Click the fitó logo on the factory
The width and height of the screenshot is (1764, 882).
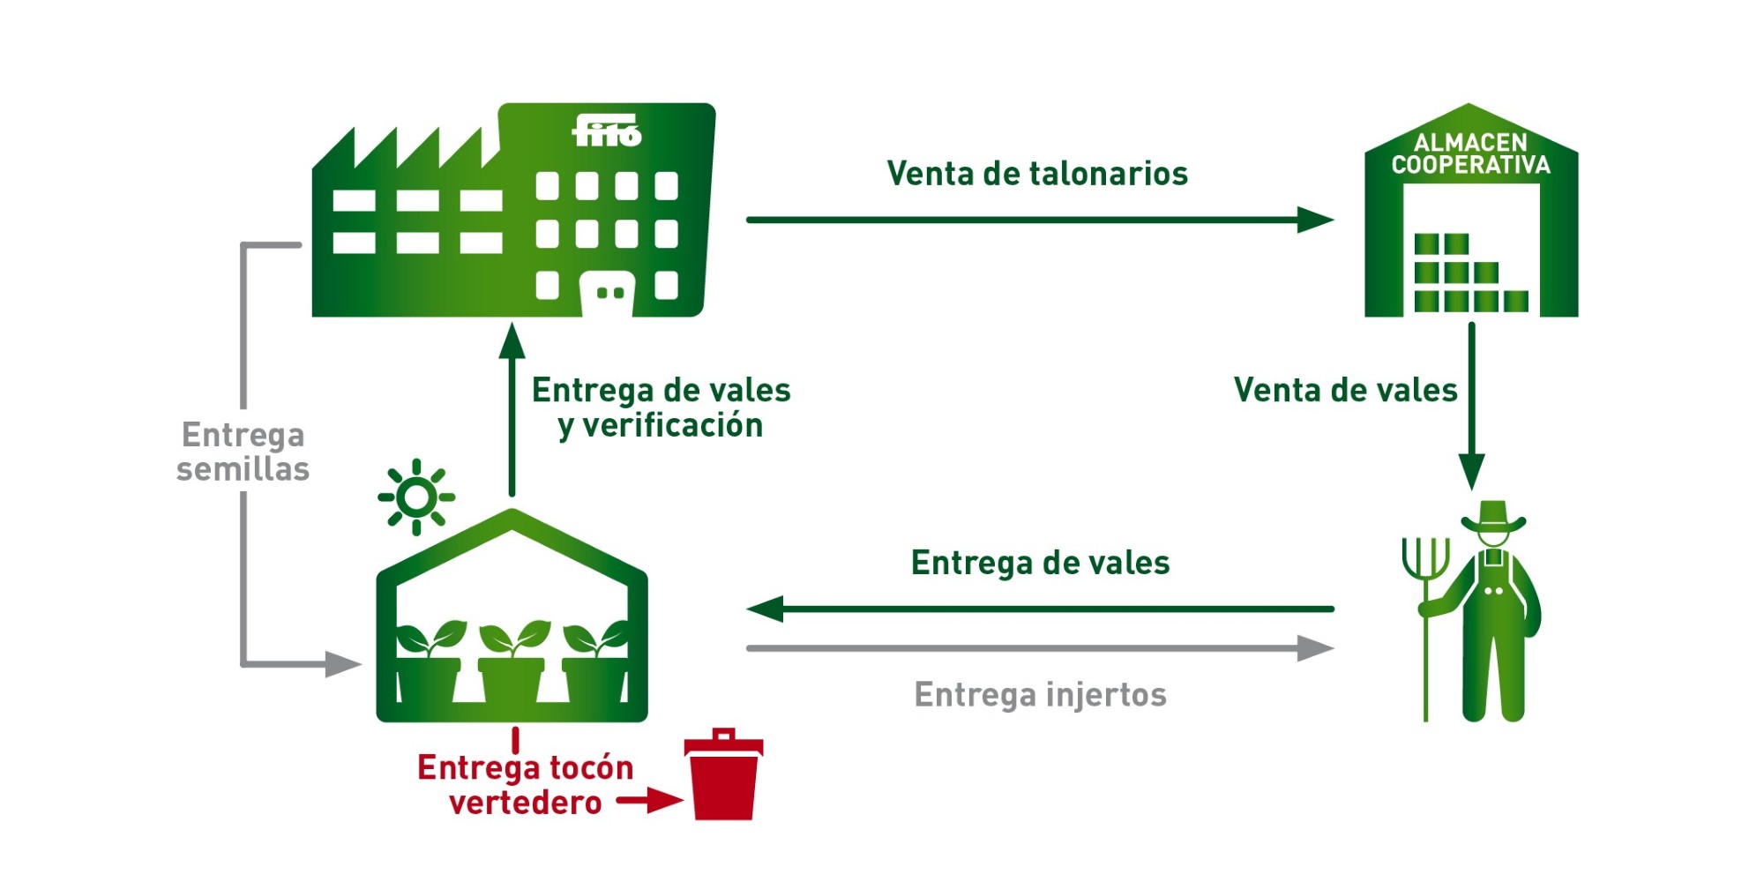click(x=607, y=132)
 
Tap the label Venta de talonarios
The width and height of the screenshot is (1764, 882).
click(x=1037, y=174)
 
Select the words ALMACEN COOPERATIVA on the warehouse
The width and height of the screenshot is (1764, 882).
click(x=1470, y=154)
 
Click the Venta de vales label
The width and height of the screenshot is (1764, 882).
click(x=1345, y=390)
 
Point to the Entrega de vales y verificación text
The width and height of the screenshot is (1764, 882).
click(x=661, y=407)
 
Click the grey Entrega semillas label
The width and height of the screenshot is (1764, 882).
click(x=243, y=452)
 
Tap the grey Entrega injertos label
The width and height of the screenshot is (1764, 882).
click(x=1040, y=695)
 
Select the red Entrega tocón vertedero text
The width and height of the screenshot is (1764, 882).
click(x=526, y=785)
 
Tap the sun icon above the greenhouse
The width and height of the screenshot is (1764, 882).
click(x=416, y=497)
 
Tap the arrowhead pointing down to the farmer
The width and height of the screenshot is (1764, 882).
click(x=1471, y=471)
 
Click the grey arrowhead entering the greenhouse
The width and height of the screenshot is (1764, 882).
click(x=343, y=664)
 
